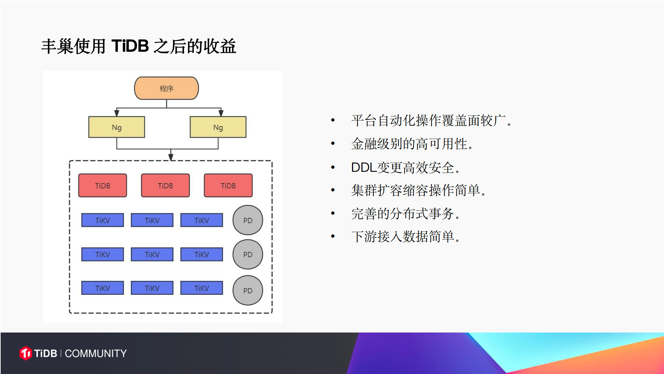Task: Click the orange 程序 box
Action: pyautogui.click(x=166, y=88)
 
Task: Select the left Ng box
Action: pyautogui.click(x=116, y=127)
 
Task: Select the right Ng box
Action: pyautogui.click(x=218, y=127)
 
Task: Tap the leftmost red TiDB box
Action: pyautogui.click(x=103, y=185)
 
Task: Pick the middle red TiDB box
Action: pyautogui.click(x=165, y=185)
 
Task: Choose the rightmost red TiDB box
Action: pyautogui.click(x=228, y=185)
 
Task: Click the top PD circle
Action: pyautogui.click(x=248, y=220)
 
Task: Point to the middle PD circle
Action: pyautogui.click(x=248, y=254)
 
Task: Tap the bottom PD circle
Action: pyautogui.click(x=248, y=290)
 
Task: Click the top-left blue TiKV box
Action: pyautogui.click(x=103, y=220)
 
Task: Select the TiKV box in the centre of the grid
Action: pyautogui.click(x=152, y=254)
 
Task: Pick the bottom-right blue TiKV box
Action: pyautogui.click(x=202, y=288)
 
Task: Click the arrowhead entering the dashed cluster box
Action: pyautogui.click(x=171, y=157)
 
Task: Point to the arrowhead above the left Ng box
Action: pyautogui.click(x=116, y=113)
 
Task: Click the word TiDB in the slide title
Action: pyautogui.click(x=130, y=46)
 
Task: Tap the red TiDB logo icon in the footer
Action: pyautogui.click(x=26, y=353)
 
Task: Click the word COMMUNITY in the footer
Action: pyautogui.click(x=96, y=353)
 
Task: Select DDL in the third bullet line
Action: pyautogui.click(x=364, y=168)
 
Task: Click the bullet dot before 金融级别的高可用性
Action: pyautogui.click(x=333, y=143)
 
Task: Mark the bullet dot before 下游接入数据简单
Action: pyautogui.click(x=333, y=236)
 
